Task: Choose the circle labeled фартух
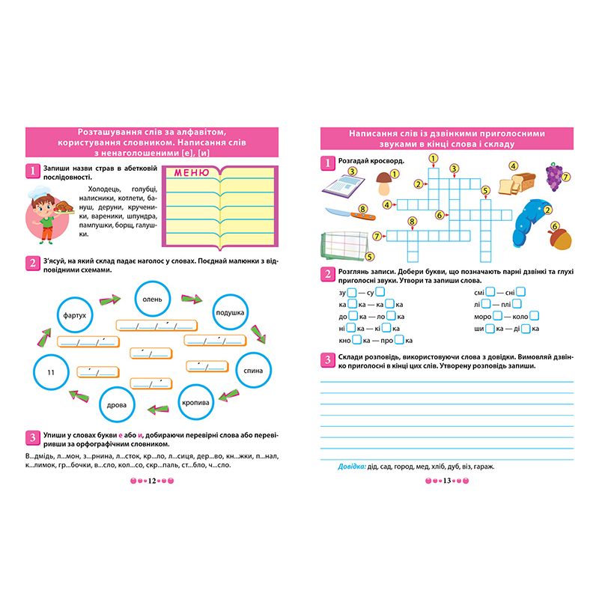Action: pyautogui.click(x=76, y=316)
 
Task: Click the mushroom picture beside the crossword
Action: pyautogui.click(x=385, y=182)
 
